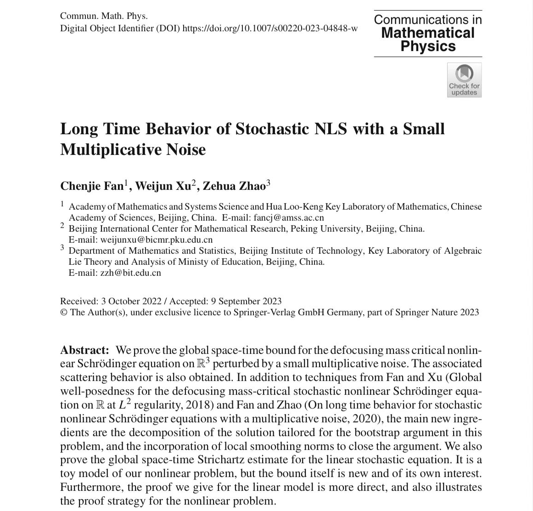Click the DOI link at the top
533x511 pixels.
coord(270,28)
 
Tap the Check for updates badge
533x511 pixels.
coord(464,80)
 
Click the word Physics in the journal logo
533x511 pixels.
coord(428,46)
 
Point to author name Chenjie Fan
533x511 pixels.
coord(92,186)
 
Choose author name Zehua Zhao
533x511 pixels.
coord(234,186)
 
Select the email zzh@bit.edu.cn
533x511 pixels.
coord(130,273)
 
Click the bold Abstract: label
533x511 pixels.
coord(84,350)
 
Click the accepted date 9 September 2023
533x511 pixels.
coord(246,301)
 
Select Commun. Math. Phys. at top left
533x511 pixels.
coord(104,16)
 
